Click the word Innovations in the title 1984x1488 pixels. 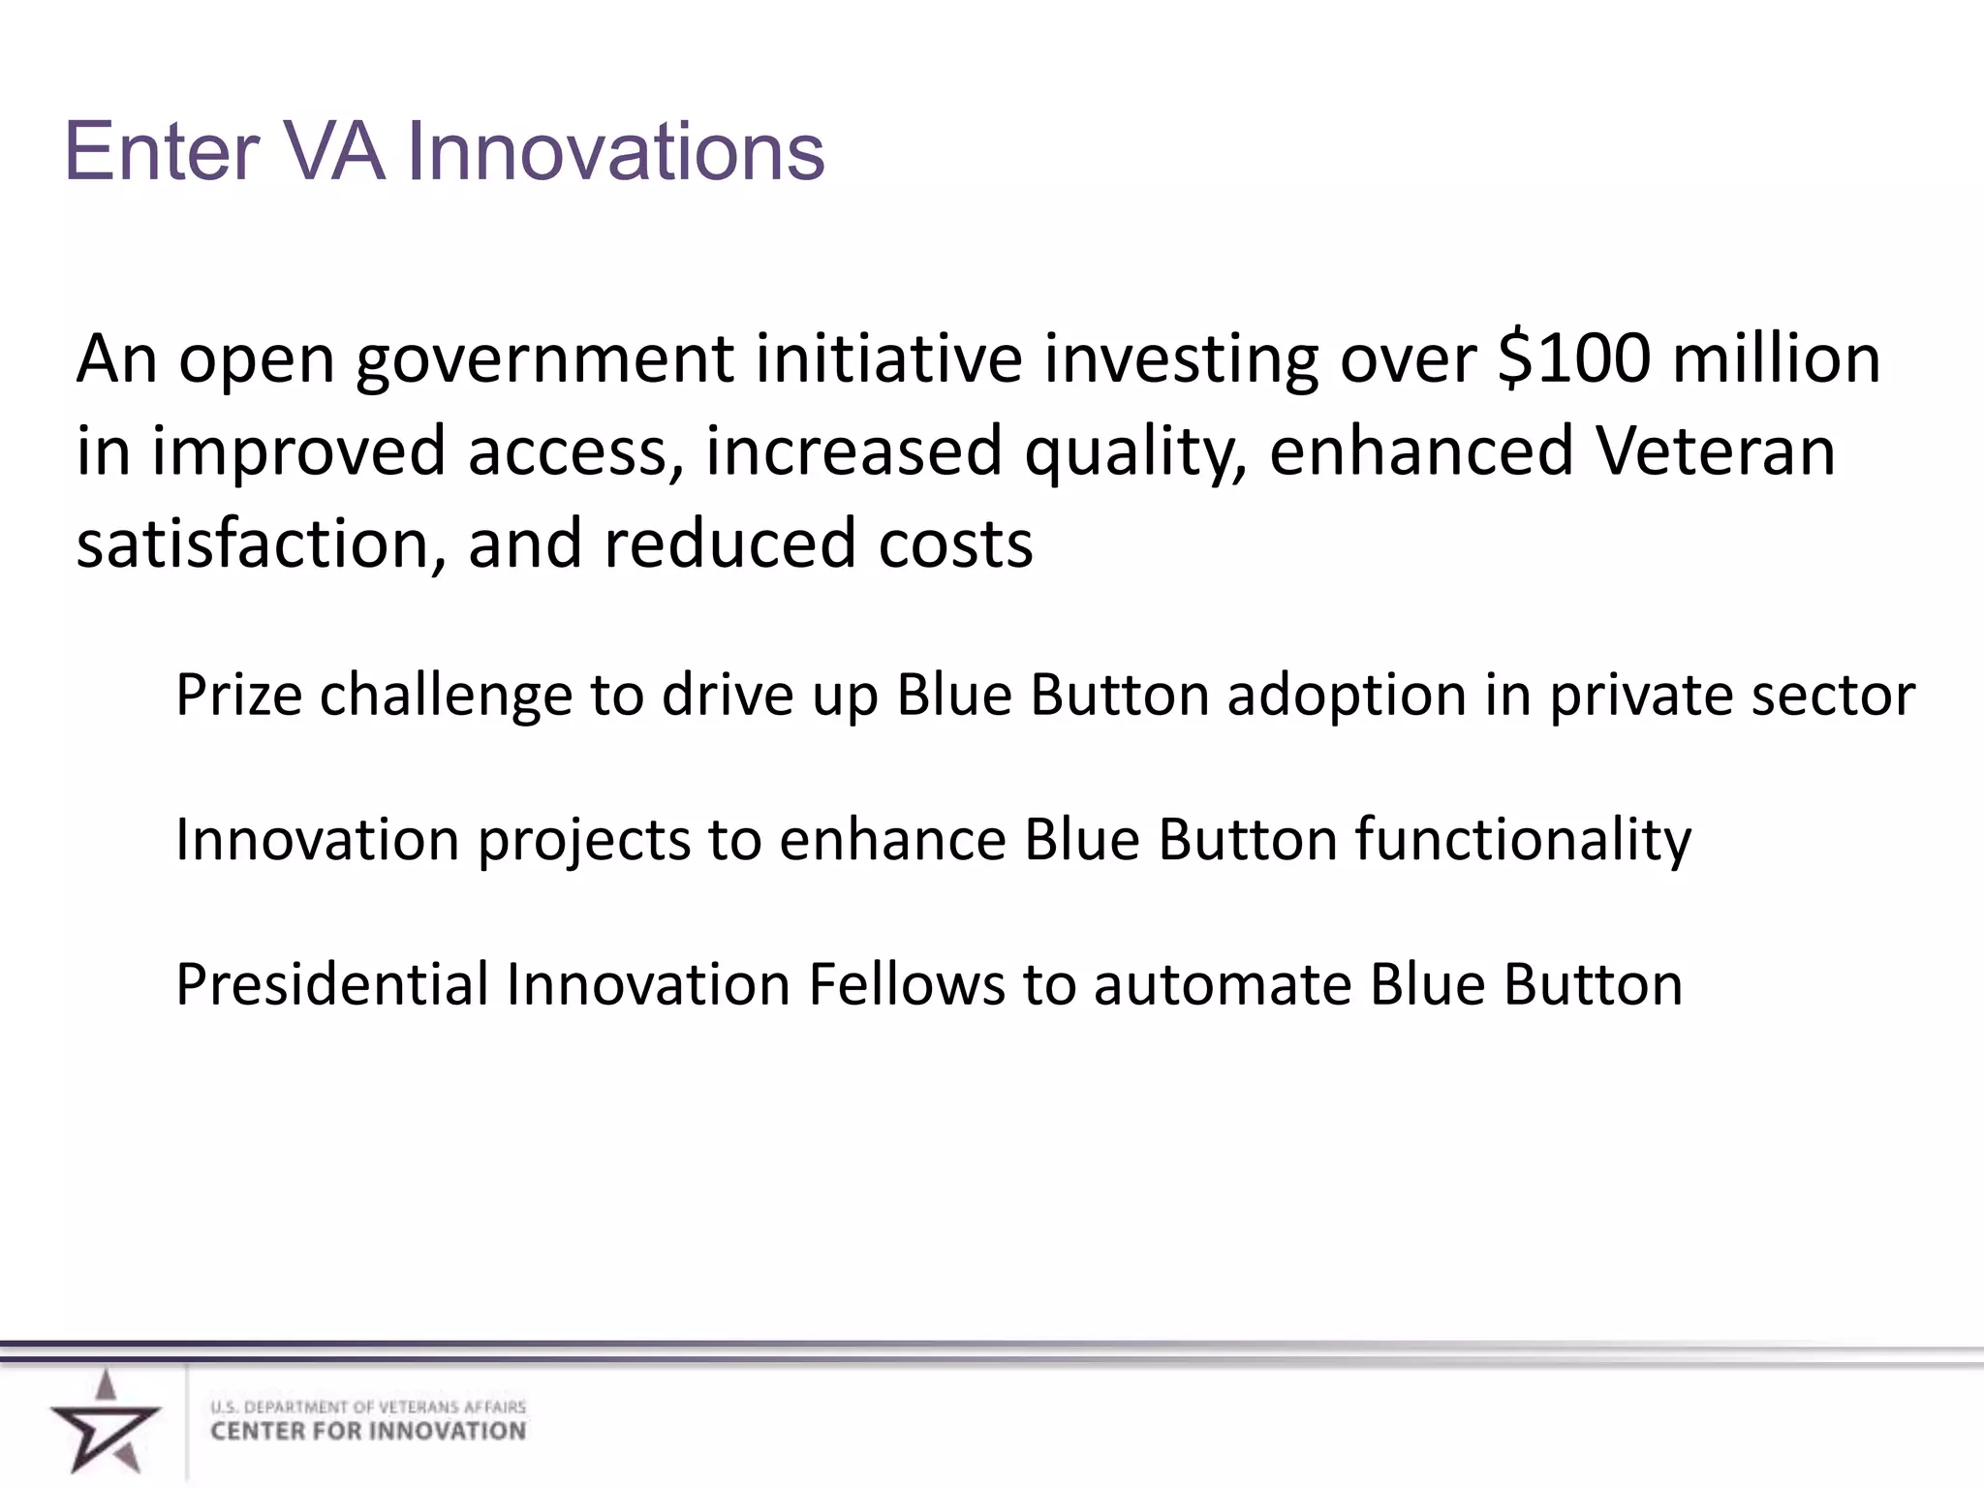click(x=615, y=152)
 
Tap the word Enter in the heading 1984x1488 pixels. click(x=162, y=152)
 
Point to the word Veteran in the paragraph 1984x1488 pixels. click(x=1716, y=451)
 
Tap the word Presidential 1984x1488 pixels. click(x=332, y=985)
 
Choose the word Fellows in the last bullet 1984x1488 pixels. click(x=907, y=985)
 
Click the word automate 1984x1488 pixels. click(x=1224, y=985)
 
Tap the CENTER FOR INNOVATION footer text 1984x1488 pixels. click(x=368, y=1432)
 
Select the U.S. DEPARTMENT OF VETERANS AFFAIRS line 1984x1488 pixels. click(x=368, y=1407)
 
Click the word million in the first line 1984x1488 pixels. click(x=1777, y=358)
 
